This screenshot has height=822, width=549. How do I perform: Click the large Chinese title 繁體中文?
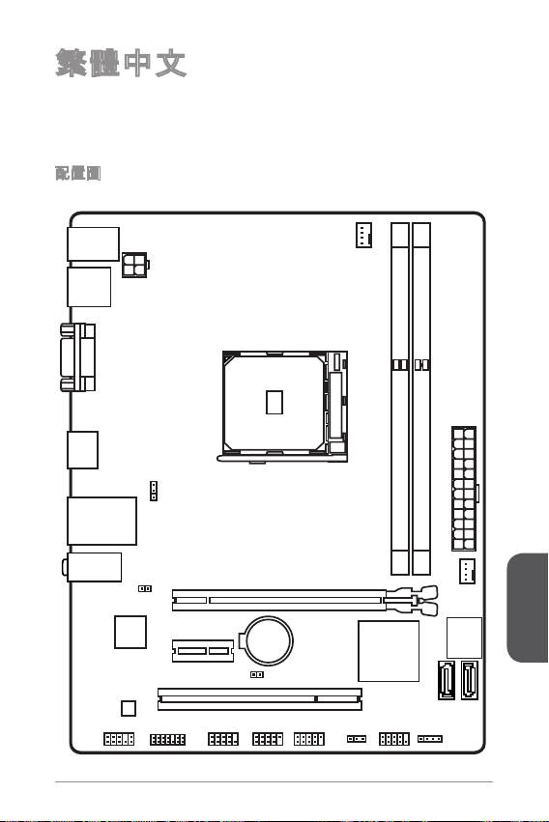pos(121,64)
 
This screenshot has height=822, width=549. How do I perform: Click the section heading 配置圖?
pos(77,173)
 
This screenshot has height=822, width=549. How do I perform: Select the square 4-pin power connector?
pos(134,265)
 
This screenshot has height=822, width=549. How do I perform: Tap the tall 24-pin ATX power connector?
pos(464,489)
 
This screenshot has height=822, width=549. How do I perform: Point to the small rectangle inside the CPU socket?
pos(274,402)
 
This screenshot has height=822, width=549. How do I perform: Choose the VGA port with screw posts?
pos(77,357)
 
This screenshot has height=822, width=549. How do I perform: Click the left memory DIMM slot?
pos(399,398)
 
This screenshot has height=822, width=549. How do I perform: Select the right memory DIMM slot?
pos(421,398)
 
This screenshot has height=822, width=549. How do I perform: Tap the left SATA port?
pos(447,680)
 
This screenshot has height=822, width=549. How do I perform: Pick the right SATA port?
pos(470,680)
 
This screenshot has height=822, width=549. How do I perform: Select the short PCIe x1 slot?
pos(203,651)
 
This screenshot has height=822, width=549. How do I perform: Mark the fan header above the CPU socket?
pos(363,235)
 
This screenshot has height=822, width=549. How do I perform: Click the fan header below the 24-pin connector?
pos(467,572)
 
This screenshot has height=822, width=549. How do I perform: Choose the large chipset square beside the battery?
pos(389,651)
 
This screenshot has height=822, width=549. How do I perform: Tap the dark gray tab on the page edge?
pos(528,608)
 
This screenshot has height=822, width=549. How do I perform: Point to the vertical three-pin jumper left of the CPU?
pos(154,491)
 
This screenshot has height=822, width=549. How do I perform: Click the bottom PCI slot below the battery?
pos(260,699)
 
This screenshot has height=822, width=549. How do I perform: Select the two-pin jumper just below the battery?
pos(257,674)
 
